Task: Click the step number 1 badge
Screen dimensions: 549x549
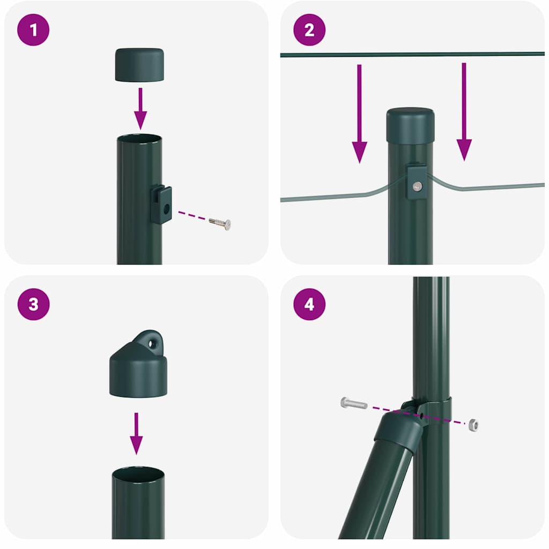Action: (33, 29)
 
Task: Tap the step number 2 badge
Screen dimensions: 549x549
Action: (309, 29)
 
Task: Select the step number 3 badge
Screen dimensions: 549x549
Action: (33, 304)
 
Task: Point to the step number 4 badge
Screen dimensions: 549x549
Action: (309, 304)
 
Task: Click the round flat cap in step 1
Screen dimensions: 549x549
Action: (139, 65)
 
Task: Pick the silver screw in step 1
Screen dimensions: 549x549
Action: (220, 223)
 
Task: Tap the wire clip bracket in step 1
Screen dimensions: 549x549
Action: (161, 204)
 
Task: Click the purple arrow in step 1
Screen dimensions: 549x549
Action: (140, 108)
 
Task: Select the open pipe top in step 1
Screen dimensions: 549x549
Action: (139, 139)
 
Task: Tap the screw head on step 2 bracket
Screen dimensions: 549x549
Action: (417, 186)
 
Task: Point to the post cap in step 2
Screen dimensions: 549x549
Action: (410, 125)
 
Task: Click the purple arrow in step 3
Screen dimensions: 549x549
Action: (137, 433)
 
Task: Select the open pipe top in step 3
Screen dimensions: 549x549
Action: (138, 474)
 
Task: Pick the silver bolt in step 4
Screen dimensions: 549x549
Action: (354, 403)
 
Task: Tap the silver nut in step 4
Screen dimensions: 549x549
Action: (472, 425)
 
